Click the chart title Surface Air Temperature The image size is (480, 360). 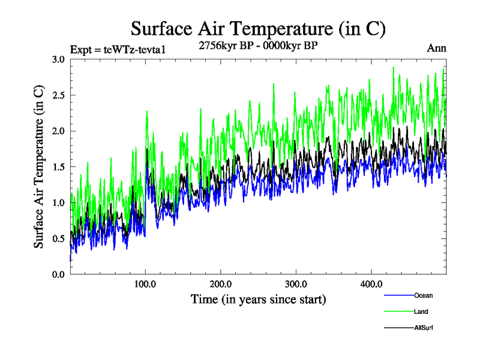tap(258, 29)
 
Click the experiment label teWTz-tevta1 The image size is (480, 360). tap(118, 49)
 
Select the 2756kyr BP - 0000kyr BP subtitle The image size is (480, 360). tap(258, 46)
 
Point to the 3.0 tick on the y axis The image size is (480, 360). tap(58, 59)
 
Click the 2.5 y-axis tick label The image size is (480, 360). tap(58, 95)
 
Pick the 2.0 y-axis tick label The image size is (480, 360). tap(58, 131)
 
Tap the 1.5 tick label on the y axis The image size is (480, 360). tap(58, 167)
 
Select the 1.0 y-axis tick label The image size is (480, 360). tap(58, 203)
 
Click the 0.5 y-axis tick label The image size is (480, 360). tap(58, 239)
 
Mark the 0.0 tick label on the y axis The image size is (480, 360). tap(58, 274)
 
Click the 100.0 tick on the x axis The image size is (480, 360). tap(145, 284)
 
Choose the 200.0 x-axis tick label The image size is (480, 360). tap(221, 284)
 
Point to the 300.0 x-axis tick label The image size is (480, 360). tap(296, 284)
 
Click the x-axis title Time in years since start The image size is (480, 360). tap(258, 299)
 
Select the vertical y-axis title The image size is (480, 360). tap(38, 167)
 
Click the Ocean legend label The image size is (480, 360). tap(423, 295)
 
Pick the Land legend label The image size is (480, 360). tap(421, 311)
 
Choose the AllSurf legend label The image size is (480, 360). tap(424, 328)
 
